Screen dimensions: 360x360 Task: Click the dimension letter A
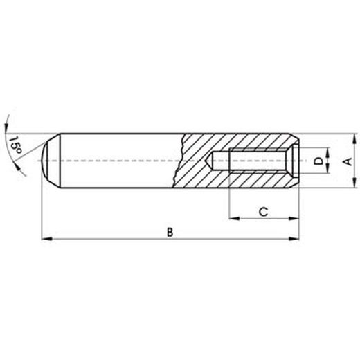coord(348,161)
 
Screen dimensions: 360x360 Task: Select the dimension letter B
coord(170,231)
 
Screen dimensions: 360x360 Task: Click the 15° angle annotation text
coord(14,143)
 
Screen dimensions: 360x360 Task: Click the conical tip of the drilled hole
coord(213,161)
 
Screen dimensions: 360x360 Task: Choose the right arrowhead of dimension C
coord(299,219)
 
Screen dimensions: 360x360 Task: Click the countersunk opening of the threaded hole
coord(296,161)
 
